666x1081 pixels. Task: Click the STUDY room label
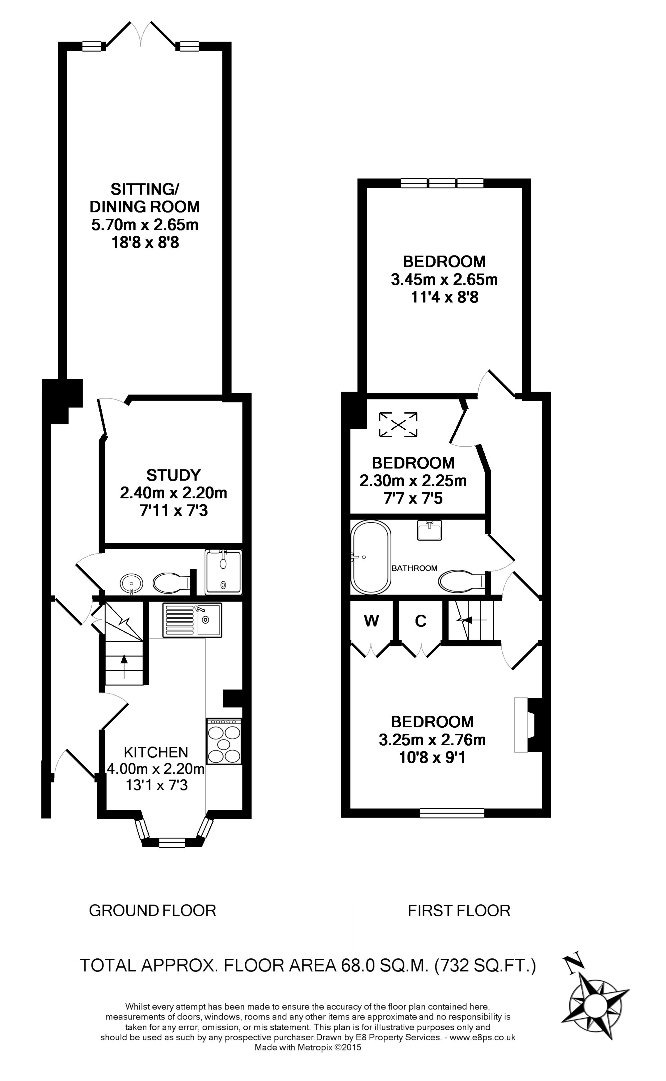click(174, 475)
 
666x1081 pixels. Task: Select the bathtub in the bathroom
click(370, 557)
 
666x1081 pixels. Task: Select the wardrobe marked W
click(371, 621)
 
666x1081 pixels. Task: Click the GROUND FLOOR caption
click(152, 911)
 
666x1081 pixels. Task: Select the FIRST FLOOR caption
click(459, 911)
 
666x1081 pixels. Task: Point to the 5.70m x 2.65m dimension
click(145, 225)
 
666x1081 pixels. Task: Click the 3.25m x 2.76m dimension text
click(432, 740)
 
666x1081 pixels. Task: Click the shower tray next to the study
click(223, 572)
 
